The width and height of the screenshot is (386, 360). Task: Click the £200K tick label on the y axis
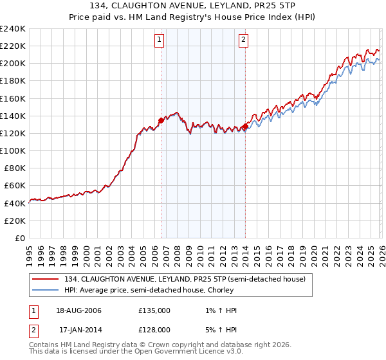click(x=12, y=64)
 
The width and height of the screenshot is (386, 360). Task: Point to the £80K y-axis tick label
click(x=14, y=168)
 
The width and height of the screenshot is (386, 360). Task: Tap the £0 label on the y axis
click(x=21, y=238)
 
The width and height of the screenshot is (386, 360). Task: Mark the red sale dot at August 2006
click(x=161, y=120)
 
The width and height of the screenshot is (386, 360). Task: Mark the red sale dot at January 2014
click(x=245, y=127)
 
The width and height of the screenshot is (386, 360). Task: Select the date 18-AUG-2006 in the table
click(x=76, y=310)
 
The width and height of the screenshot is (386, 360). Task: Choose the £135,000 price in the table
click(x=154, y=310)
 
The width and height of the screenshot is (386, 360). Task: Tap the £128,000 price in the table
click(x=154, y=330)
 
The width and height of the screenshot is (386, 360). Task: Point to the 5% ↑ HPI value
click(x=222, y=330)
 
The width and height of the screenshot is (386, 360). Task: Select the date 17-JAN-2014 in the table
click(x=76, y=330)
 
